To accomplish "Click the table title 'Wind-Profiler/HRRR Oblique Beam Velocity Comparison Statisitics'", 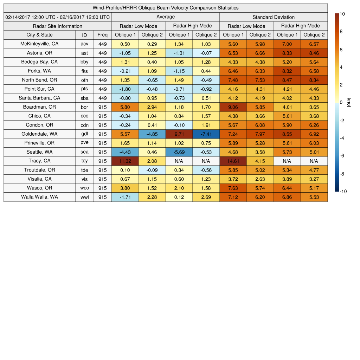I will coord(166,8).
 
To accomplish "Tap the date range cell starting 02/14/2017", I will coord(58,17).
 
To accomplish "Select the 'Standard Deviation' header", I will coord(274,17).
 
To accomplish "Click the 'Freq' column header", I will coord(102,35).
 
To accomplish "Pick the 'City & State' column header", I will coord(39,35).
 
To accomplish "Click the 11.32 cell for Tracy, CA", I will coord(125,161).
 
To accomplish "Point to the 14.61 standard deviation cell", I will coord(233,161).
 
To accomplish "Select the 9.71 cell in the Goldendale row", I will coord(179,134).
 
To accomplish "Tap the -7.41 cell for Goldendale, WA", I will coord(206,134).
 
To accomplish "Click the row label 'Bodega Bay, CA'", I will coord(39,62).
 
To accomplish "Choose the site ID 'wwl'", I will coord(84,197).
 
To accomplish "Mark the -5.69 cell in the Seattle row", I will coord(179,152).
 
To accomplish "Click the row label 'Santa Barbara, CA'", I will coord(39,98).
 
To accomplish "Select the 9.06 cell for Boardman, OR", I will coord(233,107).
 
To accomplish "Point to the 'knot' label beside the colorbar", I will coord(349,102).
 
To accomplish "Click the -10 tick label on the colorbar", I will coord(343,192).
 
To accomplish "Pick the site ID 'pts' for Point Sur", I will coord(84,89).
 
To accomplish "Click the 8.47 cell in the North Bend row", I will coord(287,80).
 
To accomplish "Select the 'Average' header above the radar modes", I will coord(165,17).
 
